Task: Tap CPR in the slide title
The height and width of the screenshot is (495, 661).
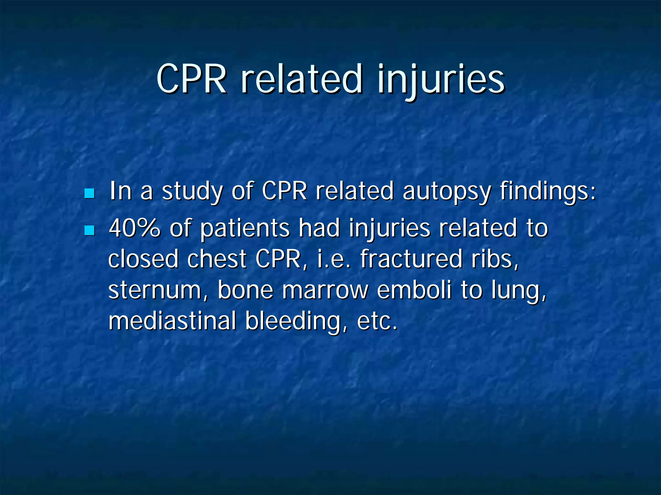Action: pos(191,79)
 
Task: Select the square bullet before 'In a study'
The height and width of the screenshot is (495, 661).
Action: pos(89,193)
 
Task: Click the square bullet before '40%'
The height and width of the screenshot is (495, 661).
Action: pos(89,230)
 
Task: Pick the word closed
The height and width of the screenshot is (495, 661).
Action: pos(143,259)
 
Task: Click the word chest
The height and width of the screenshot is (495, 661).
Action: pos(217,259)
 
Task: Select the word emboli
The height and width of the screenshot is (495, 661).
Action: pos(414,290)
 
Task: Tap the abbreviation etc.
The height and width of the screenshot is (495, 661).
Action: pos(377,321)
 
